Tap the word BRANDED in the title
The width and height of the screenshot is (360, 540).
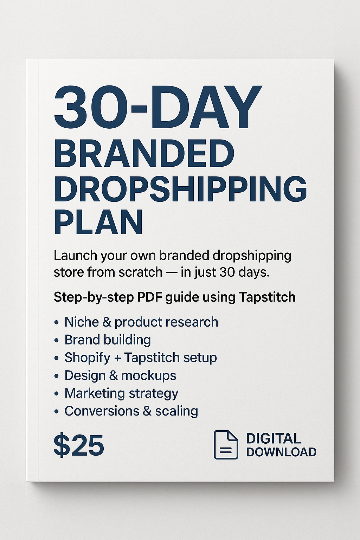(x=144, y=154)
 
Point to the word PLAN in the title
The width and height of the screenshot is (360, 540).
(x=98, y=222)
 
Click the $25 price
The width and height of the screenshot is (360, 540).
(x=79, y=445)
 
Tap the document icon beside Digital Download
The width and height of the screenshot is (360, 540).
(x=226, y=445)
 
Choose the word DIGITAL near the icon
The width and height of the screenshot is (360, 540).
(x=274, y=438)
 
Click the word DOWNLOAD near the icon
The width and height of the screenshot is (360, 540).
(x=281, y=452)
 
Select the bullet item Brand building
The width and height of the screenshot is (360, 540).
(x=108, y=340)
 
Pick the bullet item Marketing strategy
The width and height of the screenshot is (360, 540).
(x=121, y=393)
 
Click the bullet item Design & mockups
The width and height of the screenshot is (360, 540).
(x=120, y=375)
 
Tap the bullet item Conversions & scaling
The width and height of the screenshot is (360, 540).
(x=131, y=411)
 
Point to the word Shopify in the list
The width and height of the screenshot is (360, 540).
(x=88, y=358)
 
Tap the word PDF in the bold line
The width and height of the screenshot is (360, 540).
(x=149, y=297)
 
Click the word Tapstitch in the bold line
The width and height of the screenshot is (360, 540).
(x=267, y=297)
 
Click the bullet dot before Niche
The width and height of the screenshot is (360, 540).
(x=56, y=322)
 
